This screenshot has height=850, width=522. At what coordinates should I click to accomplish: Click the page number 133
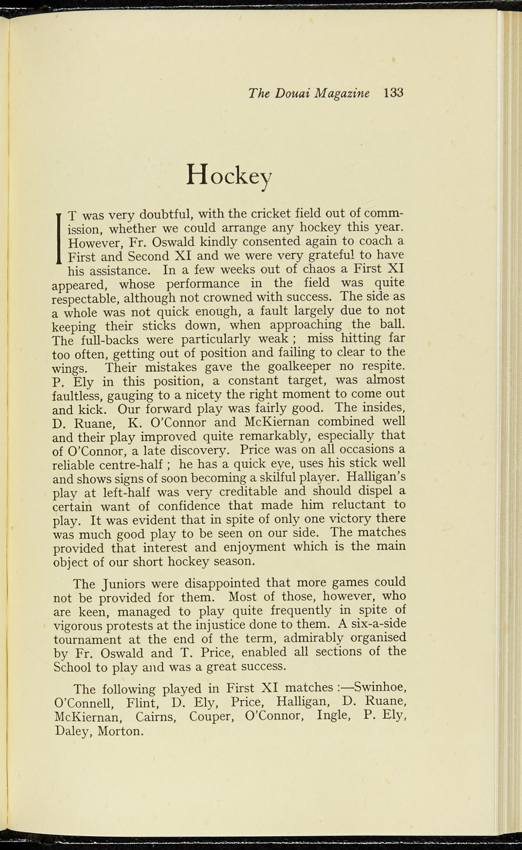click(x=394, y=92)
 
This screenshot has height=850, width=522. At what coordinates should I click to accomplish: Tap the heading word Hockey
click(x=229, y=176)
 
